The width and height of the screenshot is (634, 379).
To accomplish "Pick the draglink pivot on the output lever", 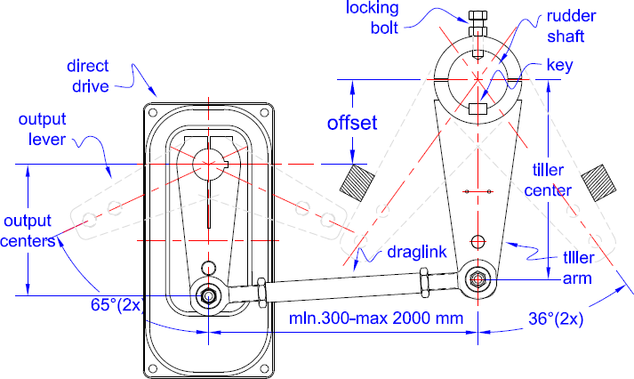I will [x=209, y=296].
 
